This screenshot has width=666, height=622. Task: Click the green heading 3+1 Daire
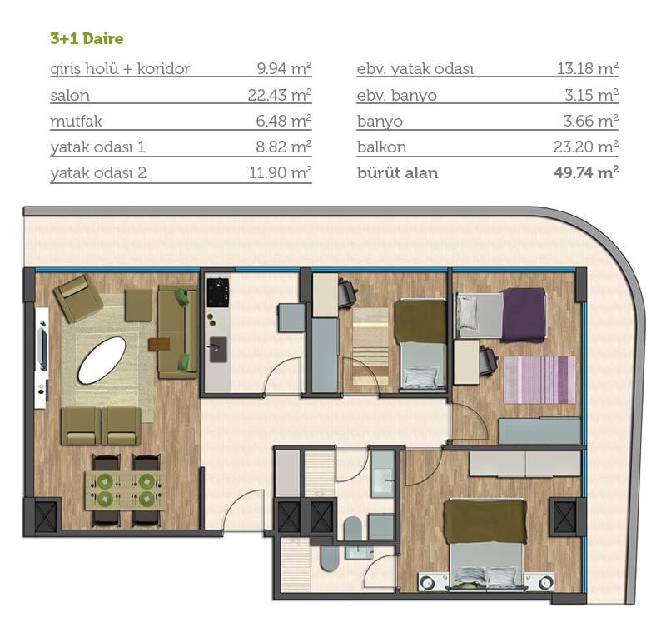point(87,38)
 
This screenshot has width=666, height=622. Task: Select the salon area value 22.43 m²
point(280,95)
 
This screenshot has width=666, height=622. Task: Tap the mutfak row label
point(76,121)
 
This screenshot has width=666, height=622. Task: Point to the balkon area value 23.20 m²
point(586,147)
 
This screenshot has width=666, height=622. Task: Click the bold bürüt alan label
point(398,173)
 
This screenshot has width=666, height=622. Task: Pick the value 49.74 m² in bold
point(586,172)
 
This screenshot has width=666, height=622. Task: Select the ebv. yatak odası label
point(415,69)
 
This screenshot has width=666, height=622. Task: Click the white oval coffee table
point(102,361)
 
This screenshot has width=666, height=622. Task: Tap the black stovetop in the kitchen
point(218,293)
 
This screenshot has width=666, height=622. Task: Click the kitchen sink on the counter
point(217,349)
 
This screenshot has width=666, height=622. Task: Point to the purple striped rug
point(539,380)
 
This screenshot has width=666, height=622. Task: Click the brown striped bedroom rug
point(370,346)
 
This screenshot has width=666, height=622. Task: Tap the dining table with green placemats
point(125,490)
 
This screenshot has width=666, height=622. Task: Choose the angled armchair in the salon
point(78,298)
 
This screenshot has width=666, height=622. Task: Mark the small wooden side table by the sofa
point(159,344)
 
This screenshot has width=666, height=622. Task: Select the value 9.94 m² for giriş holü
point(284,68)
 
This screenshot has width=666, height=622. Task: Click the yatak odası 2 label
point(98,173)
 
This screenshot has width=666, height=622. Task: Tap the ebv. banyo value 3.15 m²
point(591,95)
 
